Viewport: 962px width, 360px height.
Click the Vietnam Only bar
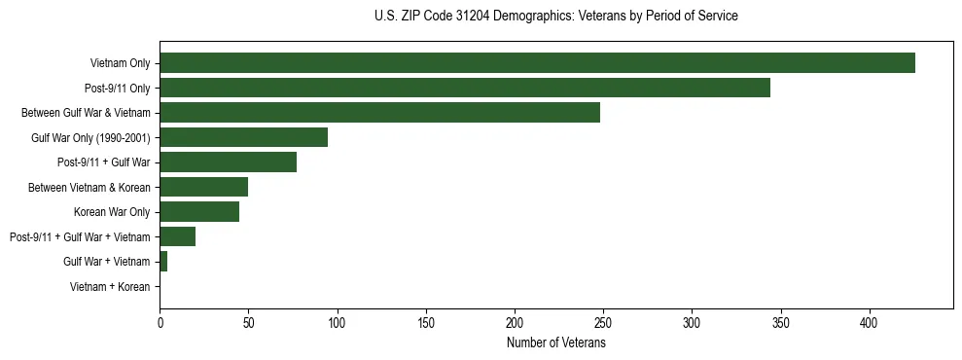coord(537,63)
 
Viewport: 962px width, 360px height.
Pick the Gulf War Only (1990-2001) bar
coord(243,137)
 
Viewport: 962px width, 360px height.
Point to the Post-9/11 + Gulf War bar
coord(228,162)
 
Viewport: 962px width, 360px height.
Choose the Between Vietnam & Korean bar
coord(203,187)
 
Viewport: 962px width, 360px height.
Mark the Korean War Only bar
coord(199,212)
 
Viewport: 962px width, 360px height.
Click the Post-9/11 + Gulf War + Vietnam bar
coord(177,236)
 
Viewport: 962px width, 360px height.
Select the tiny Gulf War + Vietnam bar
coord(163,262)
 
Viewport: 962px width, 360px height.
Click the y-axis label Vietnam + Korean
coord(110,287)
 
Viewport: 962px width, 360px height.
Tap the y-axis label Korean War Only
coord(112,212)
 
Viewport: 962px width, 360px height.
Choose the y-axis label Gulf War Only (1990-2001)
coord(90,137)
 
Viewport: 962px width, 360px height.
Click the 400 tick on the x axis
coord(870,321)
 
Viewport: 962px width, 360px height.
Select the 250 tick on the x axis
coord(603,321)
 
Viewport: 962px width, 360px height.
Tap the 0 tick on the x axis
coord(160,321)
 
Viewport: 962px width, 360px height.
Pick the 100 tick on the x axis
coord(337,321)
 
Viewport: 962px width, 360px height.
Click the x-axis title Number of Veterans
coord(555,342)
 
